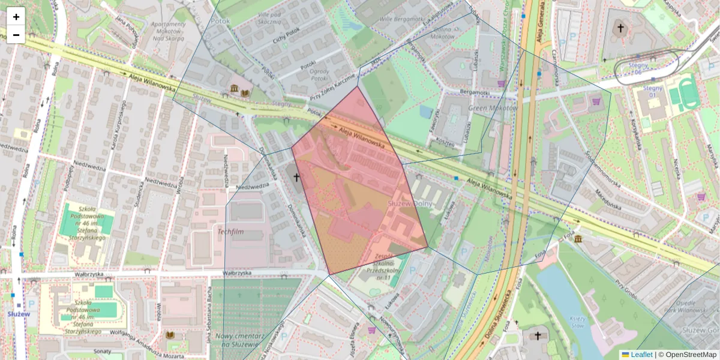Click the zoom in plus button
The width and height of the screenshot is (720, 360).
16,17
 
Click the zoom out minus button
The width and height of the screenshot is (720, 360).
16,35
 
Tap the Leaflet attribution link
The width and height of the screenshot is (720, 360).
641,355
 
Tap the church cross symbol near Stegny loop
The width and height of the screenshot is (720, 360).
621,28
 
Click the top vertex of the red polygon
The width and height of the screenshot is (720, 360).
358,86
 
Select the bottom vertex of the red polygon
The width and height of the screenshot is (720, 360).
329,275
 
